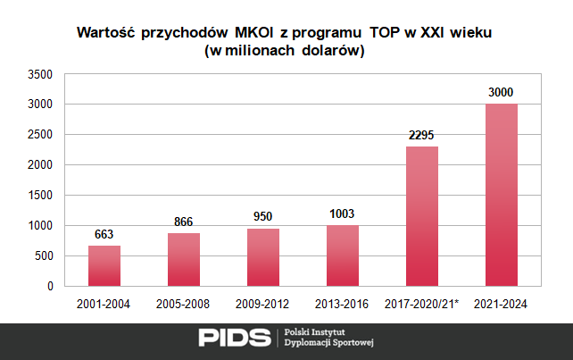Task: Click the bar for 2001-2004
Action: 104,265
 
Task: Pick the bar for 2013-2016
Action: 342,255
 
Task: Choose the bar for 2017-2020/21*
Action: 421,216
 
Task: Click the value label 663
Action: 104,235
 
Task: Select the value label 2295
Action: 421,136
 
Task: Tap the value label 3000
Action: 501,93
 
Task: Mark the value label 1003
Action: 342,214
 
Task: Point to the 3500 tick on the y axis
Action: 41,74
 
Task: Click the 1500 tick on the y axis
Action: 41,196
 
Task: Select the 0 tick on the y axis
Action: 51,287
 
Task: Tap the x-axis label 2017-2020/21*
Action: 421,304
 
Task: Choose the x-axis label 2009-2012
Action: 262,304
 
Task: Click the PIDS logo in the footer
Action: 233,337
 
